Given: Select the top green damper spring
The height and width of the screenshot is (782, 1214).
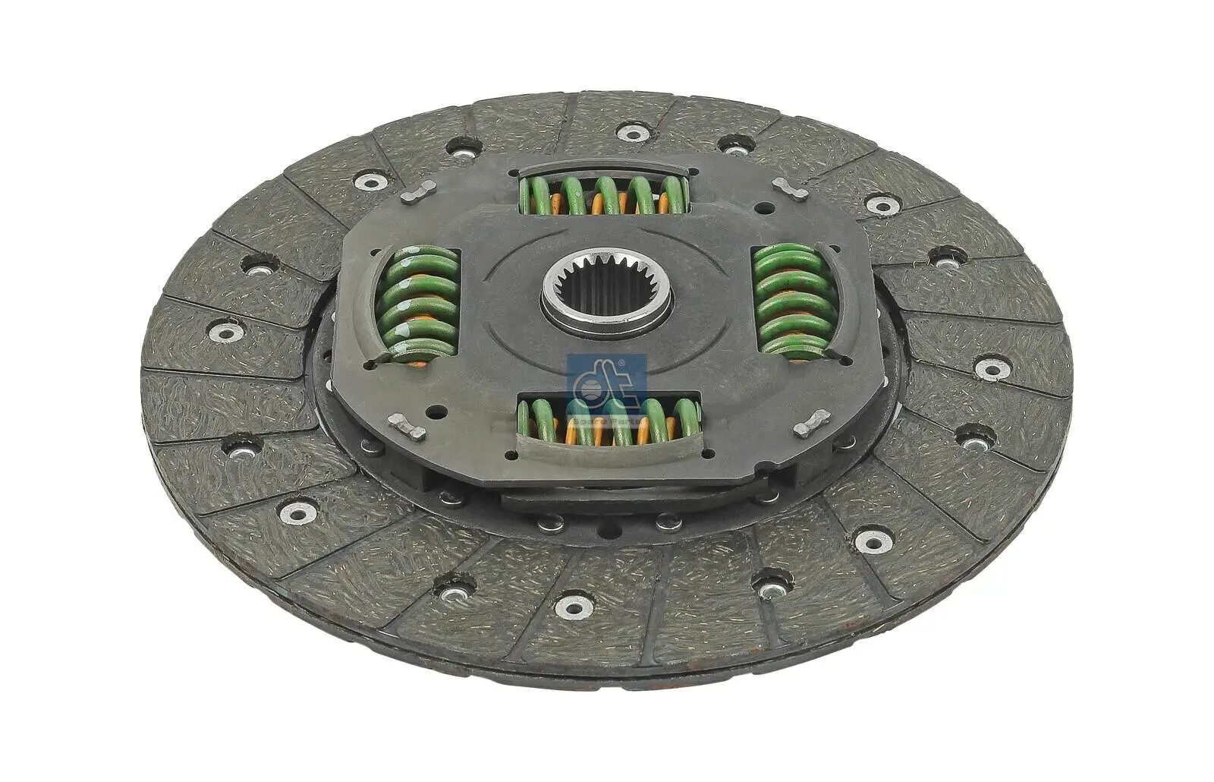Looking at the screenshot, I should pos(604,194).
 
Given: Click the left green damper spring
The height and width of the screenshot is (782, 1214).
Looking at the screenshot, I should pos(419,303).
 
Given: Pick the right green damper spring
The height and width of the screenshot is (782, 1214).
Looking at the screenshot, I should pos(793,301).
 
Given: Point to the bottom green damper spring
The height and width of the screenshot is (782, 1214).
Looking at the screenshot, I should pos(607,422).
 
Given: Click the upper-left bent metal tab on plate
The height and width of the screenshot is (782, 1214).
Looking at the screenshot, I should pos(418,192).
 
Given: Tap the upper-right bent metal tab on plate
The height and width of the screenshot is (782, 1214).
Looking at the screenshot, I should pos(790,188).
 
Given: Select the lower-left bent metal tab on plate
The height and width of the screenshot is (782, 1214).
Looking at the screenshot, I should pos(407,427).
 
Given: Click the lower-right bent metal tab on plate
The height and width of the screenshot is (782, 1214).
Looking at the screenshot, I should pos(811,424).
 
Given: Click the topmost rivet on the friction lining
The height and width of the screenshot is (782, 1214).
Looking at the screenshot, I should pos(633,132).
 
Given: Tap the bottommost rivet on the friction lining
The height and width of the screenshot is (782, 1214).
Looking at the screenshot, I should pos(574,606).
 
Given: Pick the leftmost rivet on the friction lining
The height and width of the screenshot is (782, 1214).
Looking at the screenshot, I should pos(226,332).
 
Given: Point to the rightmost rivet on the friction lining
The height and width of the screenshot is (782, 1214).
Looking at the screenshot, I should pos(991,368).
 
